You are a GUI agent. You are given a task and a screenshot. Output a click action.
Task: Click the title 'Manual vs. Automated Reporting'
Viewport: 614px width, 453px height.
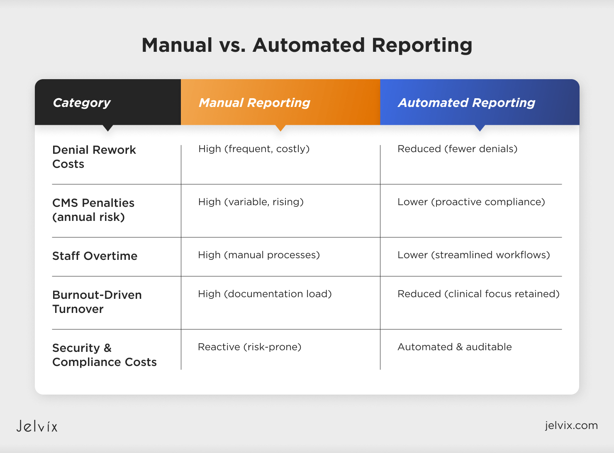tap(307, 45)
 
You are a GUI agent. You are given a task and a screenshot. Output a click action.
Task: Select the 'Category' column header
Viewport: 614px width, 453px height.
tap(82, 103)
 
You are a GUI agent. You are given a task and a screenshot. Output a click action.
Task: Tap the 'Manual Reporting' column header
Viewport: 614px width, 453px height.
tap(254, 103)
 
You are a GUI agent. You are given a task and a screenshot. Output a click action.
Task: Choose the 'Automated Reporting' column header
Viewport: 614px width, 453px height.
tap(466, 103)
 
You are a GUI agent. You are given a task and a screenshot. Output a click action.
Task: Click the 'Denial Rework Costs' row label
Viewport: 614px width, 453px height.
tap(94, 157)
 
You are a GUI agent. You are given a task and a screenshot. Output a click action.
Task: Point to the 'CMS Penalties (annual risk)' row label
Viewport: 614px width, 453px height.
tap(93, 210)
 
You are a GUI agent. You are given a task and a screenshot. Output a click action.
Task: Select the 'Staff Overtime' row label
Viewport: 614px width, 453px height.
tap(95, 256)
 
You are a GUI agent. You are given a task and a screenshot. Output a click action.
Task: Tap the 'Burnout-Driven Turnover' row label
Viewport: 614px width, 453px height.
tap(97, 302)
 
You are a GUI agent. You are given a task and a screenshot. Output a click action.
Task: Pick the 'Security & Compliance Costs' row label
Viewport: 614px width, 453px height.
tap(105, 355)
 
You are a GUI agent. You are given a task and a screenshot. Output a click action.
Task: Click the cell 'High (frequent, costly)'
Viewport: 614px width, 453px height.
tap(254, 149)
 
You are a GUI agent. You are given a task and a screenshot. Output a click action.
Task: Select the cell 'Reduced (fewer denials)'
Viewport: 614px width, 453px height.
tap(457, 149)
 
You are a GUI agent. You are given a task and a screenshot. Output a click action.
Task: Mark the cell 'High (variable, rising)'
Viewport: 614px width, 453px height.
tap(251, 202)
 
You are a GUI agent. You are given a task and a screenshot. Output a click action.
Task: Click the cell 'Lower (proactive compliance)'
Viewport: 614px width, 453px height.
tap(471, 202)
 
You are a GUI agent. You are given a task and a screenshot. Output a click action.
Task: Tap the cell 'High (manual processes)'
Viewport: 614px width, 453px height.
tap(259, 255)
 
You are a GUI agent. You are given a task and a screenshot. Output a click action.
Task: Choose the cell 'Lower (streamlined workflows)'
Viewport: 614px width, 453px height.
tap(474, 255)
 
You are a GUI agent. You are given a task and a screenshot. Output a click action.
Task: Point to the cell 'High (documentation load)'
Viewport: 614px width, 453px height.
tap(265, 294)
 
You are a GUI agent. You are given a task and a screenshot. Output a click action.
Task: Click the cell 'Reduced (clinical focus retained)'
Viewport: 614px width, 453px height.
tap(478, 294)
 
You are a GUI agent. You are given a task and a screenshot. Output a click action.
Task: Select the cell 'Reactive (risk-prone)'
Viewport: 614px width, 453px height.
tap(249, 347)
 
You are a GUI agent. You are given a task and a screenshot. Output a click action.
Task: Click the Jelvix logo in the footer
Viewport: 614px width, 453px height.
tap(37, 426)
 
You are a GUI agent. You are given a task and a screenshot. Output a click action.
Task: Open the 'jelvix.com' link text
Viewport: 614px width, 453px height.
tap(571, 425)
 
